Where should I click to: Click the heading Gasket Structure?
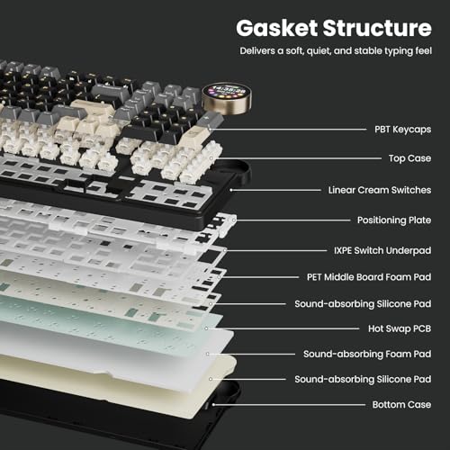click(x=334, y=28)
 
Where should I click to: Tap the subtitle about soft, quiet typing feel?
click(x=336, y=50)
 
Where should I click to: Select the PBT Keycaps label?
click(x=402, y=130)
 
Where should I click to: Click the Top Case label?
click(x=409, y=158)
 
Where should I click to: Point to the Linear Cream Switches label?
click(x=380, y=190)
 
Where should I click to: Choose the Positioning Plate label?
click(x=394, y=220)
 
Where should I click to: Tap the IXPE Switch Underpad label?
click(x=382, y=250)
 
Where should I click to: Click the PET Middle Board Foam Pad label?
click(x=369, y=277)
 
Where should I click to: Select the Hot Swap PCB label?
click(x=400, y=328)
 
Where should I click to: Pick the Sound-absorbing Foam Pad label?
click(x=367, y=354)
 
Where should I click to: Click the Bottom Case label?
click(x=401, y=404)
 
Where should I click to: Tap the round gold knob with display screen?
click(x=227, y=99)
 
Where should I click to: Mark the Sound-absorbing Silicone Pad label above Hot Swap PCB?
click(x=363, y=304)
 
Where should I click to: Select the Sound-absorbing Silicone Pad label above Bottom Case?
click(x=363, y=379)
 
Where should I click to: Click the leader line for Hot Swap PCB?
click(x=283, y=328)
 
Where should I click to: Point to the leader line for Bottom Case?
click(x=289, y=405)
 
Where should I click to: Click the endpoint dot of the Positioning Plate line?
click(x=234, y=220)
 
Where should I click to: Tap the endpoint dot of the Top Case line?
click(x=211, y=158)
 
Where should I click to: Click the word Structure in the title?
click(x=377, y=28)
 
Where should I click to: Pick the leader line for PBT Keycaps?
click(x=288, y=130)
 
